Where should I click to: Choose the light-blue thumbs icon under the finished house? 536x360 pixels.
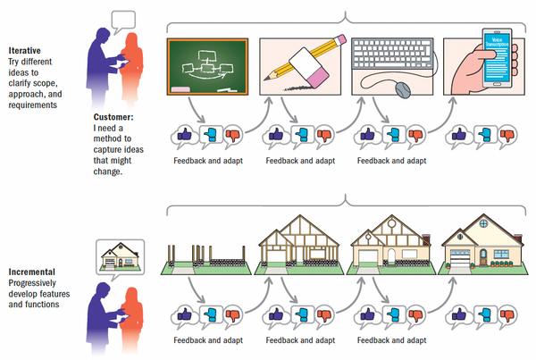tap(482, 314)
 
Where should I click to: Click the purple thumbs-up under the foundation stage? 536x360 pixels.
tap(186, 314)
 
